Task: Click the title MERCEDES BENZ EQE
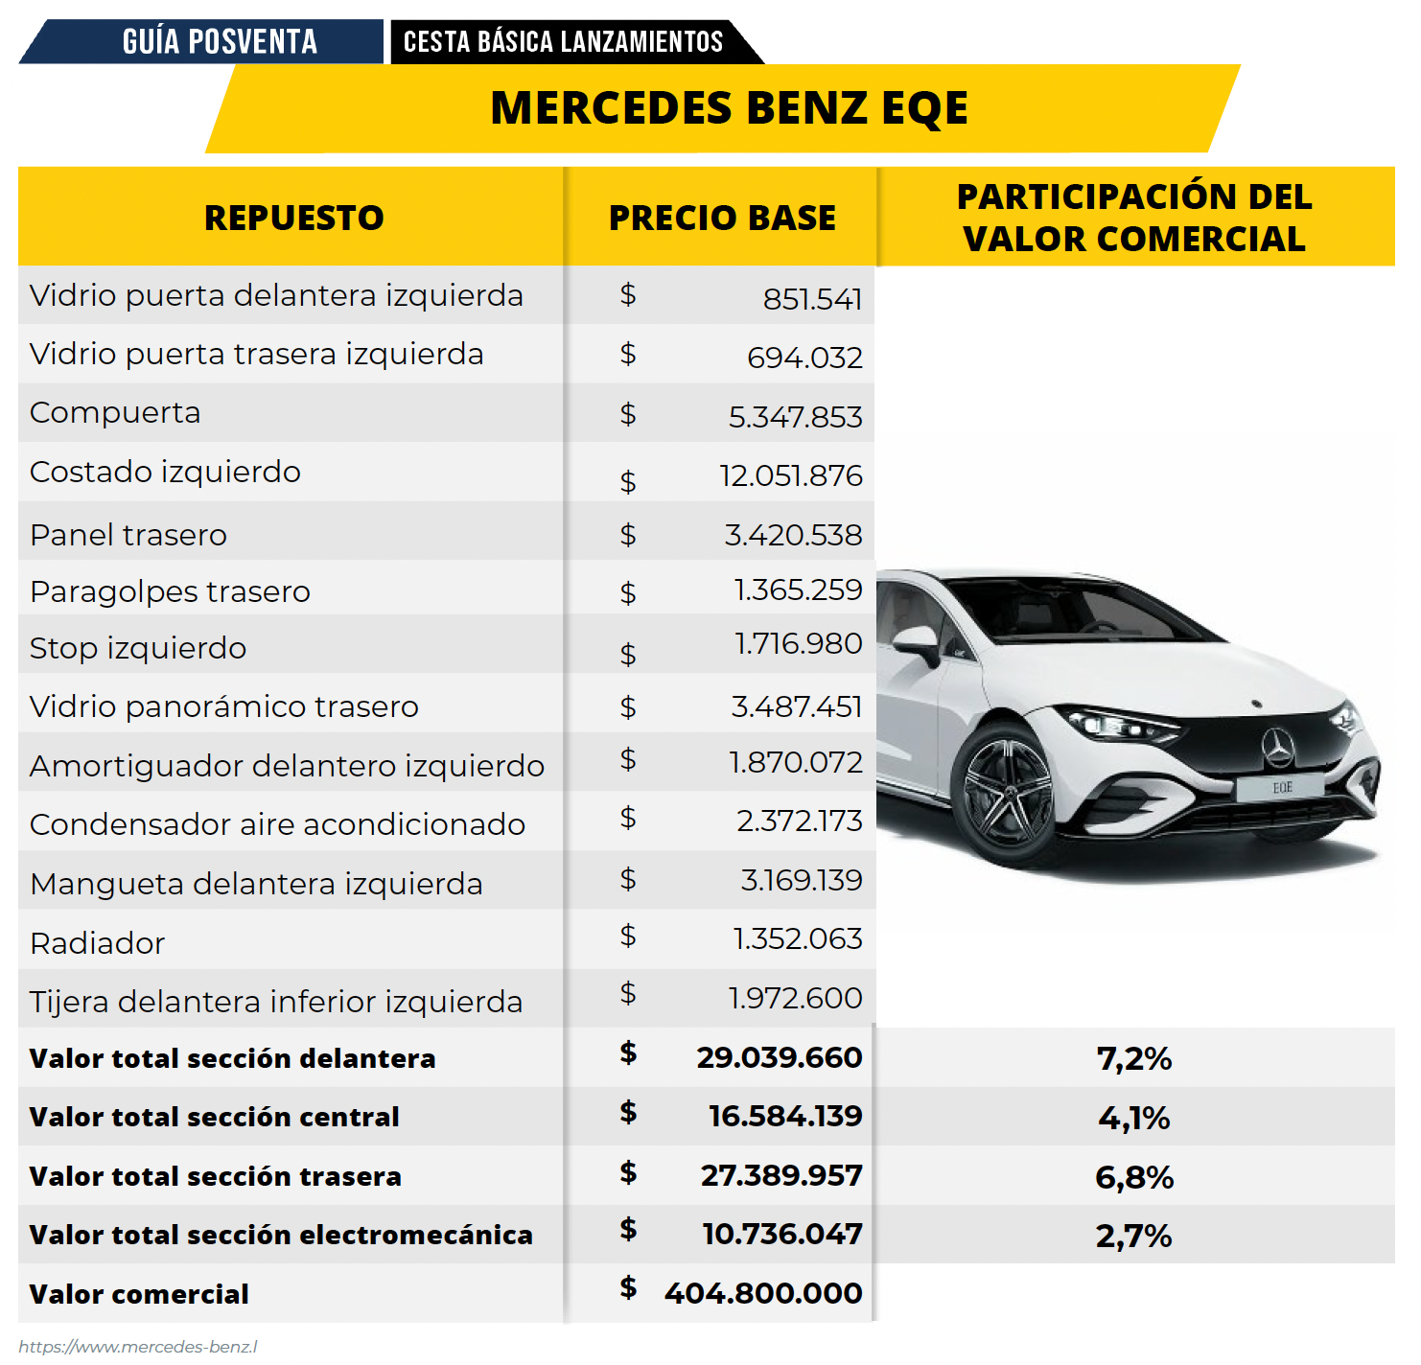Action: coord(729,108)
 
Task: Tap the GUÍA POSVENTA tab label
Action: coord(220,41)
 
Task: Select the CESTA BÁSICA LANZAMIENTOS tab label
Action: coord(563,41)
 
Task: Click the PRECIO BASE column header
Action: coord(722,218)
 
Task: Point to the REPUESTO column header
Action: coord(293,218)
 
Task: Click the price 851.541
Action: coord(813,299)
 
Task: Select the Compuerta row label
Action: coord(115,413)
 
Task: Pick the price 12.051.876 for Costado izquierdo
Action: coord(791,475)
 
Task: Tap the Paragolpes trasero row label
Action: coord(170,591)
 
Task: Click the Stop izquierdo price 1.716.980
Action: coord(798,644)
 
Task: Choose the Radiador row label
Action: coord(97,943)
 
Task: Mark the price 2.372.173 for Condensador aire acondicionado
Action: coord(800,821)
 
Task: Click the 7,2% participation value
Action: coord(1134,1058)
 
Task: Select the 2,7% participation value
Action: coord(1134,1236)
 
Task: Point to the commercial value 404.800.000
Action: coord(763,1293)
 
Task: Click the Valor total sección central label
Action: coord(214,1117)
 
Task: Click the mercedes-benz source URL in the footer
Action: coord(137,1347)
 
